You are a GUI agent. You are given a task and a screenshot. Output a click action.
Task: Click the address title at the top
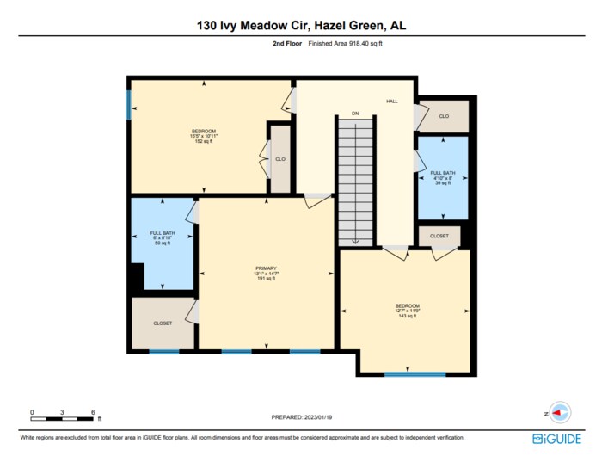coord(301,26)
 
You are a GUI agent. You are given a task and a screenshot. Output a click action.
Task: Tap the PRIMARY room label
coord(265,273)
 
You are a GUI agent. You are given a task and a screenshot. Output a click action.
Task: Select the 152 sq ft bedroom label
coord(204,136)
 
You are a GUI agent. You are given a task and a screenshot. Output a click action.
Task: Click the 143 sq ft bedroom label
coord(408,311)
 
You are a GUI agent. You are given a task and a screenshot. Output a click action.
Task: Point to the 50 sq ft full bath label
coord(162,237)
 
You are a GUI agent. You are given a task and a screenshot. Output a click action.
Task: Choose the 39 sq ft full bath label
coord(442,178)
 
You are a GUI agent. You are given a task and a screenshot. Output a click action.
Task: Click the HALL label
coord(391,102)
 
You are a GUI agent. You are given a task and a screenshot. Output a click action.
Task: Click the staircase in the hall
coord(355,181)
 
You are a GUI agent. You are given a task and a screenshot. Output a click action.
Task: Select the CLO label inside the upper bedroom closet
coord(280,159)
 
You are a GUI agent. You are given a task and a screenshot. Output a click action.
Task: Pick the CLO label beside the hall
coord(444,116)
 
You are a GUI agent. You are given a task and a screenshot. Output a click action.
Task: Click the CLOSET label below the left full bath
coord(163,323)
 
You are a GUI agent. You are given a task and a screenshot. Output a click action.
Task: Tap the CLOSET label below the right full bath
coord(439,235)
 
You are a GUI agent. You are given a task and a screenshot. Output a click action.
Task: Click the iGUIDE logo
coord(550,438)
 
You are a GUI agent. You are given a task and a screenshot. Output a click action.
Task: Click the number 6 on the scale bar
coord(92,412)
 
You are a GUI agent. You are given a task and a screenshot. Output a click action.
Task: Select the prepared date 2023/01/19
coord(301,418)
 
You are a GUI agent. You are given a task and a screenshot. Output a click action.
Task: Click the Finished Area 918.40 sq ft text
coord(345,43)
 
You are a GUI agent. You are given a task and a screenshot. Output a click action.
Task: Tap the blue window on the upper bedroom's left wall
coord(129,105)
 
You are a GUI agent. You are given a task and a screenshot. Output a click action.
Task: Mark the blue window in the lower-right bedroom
coord(415,374)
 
